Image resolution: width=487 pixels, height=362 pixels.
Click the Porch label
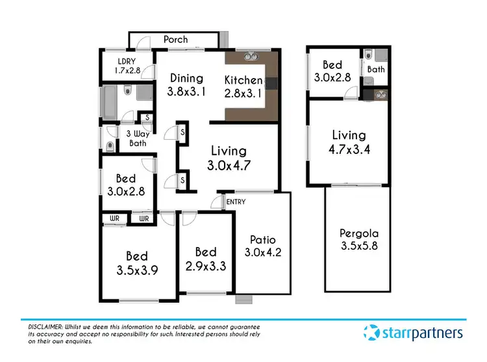[175, 40]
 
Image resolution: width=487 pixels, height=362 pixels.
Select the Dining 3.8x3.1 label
[186, 85]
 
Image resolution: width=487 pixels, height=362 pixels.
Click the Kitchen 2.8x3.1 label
[243, 86]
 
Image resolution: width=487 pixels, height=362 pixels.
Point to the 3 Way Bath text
[135, 138]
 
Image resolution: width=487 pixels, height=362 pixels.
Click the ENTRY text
[236, 202]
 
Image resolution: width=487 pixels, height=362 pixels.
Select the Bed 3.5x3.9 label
[137, 262]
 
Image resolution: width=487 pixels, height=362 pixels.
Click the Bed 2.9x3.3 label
[206, 258]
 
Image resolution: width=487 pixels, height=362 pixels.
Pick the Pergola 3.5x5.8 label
[358, 239]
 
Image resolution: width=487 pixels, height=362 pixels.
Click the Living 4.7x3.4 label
[349, 141]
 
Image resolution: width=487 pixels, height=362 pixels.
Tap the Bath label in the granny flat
[375, 69]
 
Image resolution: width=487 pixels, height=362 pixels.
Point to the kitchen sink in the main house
[250, 57]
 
